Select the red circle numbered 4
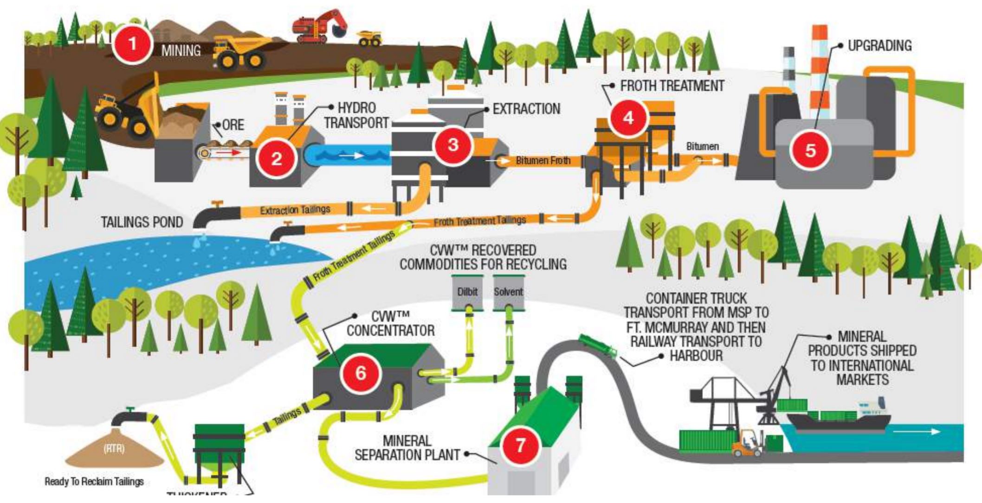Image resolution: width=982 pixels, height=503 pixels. pos(628,118)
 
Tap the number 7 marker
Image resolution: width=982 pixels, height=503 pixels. pos(520,445)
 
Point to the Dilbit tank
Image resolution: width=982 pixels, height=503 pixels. pos(467,293)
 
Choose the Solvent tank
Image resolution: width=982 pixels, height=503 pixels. pos(508,293)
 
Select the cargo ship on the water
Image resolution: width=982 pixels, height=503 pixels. pos(840,418)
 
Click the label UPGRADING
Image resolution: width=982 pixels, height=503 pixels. pos(879,46)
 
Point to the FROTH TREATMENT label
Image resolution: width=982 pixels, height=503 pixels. pos(672,86)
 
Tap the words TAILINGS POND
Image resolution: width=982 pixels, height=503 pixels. pos(142,222)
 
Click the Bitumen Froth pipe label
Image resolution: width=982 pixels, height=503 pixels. pos(543,161)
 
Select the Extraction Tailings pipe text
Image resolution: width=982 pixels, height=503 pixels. pos(295,210)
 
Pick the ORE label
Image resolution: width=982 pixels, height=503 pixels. pos(233,125)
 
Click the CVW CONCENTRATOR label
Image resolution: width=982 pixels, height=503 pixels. pos(390,324)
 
